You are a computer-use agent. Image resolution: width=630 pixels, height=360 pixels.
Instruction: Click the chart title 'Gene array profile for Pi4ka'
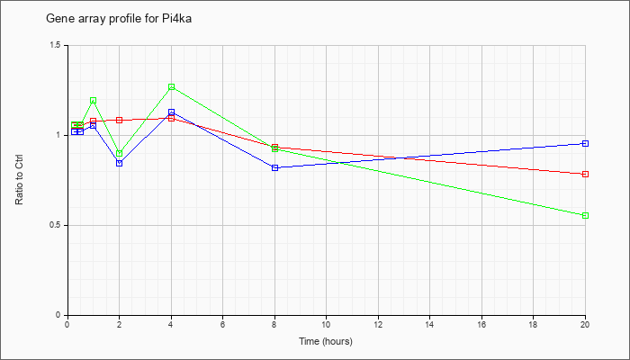pyautogui.click(x=119, y=19)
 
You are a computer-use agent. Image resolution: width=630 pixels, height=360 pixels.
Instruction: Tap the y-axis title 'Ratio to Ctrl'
pyautogui.click(x=19, y=180)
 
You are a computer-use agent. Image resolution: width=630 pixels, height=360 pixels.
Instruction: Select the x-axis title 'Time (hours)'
pyautogui.click(x=326, y=341)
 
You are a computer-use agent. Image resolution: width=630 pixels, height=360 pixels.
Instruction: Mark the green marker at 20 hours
pyautogui.click(x=585, y=215)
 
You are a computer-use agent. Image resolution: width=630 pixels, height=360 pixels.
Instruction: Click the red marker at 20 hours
pyautogui.click(x=585, y=174)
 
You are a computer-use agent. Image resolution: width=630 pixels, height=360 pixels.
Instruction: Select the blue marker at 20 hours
pyautogui.click(x=585, y=143)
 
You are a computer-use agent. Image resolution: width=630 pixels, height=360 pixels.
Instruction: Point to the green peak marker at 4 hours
pyautogui.click(x=172, y=86)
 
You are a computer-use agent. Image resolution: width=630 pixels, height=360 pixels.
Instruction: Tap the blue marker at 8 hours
pyautogui.click(x=274, y=167)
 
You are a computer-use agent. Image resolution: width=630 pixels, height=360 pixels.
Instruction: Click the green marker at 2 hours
pyautogui.click(x=120, y=154)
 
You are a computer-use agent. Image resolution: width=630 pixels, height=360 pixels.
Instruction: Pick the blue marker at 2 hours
pyautogui.click(x=120, y=163)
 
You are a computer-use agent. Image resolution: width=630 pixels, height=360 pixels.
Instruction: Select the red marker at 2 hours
pyautogui.click(x=120, y=120)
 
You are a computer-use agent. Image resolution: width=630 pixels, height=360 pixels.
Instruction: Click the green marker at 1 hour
pyautogui.click(x=94, y=101)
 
